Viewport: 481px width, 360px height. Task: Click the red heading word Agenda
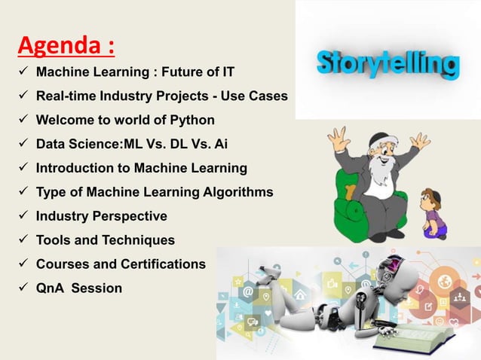[60, 46]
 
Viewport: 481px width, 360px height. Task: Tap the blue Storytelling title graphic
[388, 64]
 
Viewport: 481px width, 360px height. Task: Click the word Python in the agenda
[195, 120]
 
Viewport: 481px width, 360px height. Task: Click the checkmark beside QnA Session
[23, 288]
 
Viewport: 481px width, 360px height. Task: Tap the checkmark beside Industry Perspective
[23, 216]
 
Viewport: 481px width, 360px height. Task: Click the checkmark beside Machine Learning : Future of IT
[23, 72]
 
